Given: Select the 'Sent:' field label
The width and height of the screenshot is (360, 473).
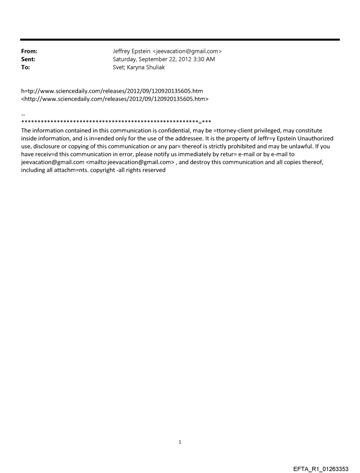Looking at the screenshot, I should pos(28,59).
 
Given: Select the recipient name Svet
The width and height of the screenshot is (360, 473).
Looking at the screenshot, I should pos(119,66).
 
